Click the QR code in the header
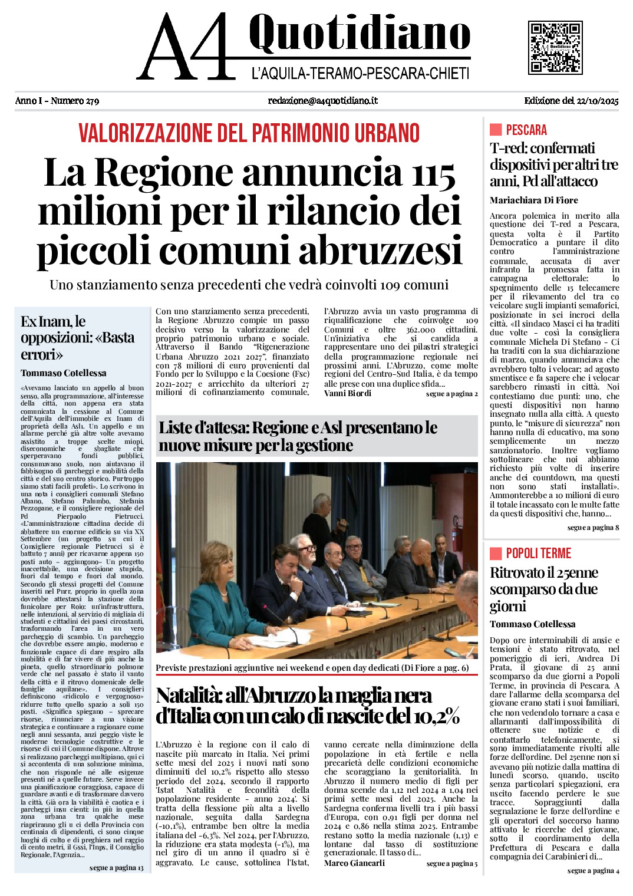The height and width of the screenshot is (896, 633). [555, 48]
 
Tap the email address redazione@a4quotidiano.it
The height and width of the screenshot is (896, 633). [322, 101]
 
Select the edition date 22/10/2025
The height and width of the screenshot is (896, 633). [596, 101]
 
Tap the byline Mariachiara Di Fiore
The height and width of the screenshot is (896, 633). [534, 200]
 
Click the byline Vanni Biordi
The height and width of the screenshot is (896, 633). [348, 393]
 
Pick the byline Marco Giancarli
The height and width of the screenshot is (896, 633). [354, 863]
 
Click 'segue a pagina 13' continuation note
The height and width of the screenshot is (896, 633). [116, 868]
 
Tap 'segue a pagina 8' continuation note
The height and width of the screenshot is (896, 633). [593, 528]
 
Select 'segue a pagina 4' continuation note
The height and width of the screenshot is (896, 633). [593, 871]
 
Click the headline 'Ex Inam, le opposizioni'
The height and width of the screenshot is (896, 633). [77, 338]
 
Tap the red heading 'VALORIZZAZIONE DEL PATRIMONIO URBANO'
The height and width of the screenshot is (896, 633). [249, 133]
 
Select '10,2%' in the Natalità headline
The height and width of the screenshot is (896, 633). [430, 716]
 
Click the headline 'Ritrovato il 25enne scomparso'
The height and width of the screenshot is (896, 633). [543, 589]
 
